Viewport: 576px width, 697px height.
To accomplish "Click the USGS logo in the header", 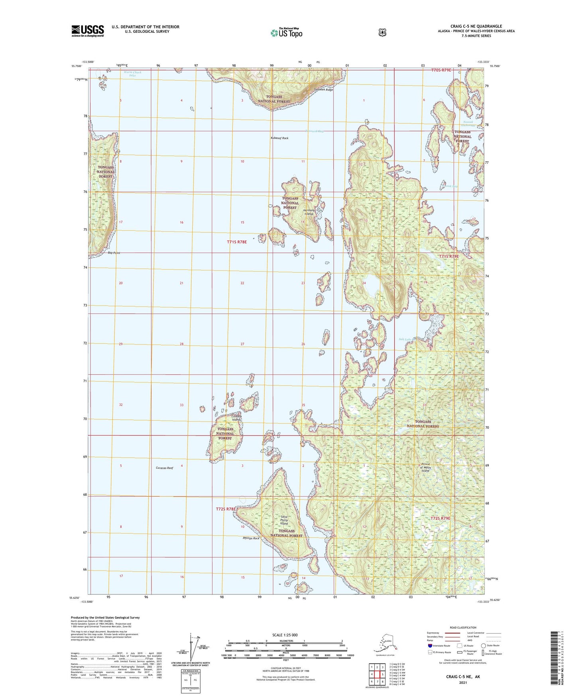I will tap(88, 31).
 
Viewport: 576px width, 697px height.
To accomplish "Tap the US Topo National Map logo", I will tap(286, 32).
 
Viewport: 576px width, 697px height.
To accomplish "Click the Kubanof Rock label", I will tap(279, 138).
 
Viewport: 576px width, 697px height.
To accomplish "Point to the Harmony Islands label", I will tap(309, 212).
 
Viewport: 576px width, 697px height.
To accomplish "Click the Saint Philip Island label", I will tap(284, 520).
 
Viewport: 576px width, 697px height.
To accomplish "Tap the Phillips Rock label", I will tap(251, 538).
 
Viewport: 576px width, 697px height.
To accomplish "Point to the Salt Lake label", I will tap(405, 339).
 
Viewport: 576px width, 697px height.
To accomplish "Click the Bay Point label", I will tap(114, 253).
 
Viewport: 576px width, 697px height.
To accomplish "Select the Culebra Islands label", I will tap(236, 418).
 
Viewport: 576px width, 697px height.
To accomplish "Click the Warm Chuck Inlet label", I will tap(132, 74).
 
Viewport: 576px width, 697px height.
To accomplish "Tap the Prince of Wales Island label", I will tap(426, 467).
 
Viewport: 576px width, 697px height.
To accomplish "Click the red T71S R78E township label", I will tap(237, 242).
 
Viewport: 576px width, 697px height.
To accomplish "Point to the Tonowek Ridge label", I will tap(323, 90).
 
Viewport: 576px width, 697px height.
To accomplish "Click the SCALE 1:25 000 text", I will tap(285, 635).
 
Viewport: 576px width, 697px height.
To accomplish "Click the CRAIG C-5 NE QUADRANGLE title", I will tap(476, 26).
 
